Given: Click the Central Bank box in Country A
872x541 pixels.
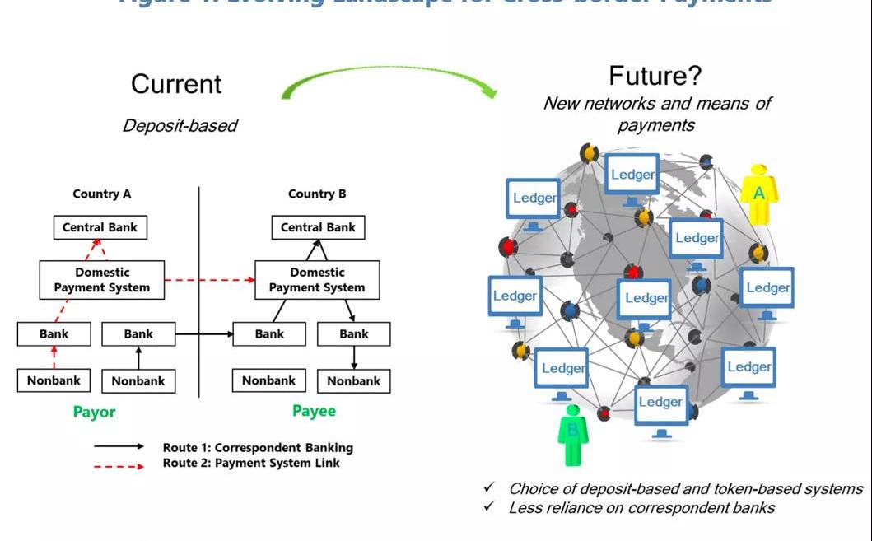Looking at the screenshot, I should tap(100, 227).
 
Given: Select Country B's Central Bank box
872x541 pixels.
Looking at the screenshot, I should tap(318, 227).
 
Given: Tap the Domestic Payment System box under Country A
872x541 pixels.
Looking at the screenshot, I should tap(101, 280).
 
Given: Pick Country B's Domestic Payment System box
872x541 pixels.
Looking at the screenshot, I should tap(317, 280).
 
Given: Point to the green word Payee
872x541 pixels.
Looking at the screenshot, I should tap(314, 411).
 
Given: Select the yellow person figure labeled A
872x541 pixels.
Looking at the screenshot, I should tap(758, 194).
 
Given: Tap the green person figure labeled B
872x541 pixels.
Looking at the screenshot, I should tap(573, 435).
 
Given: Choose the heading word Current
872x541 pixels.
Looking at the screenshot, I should tap(176, 84).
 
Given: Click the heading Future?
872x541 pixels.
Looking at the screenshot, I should tap(655, 77).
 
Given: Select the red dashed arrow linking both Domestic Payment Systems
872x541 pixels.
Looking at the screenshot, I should tap(209, 280).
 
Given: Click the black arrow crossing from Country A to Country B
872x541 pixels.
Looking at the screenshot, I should tap(204, 334).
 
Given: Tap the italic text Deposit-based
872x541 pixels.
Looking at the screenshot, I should tap(180, 126).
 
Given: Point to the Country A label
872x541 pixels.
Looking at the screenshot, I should tap(101, 194).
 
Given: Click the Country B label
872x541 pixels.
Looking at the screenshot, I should tap(317, 194).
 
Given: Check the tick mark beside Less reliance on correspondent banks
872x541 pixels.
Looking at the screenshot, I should tap(489, 507).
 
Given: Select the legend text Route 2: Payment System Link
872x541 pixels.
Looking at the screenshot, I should tap(251, 463).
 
